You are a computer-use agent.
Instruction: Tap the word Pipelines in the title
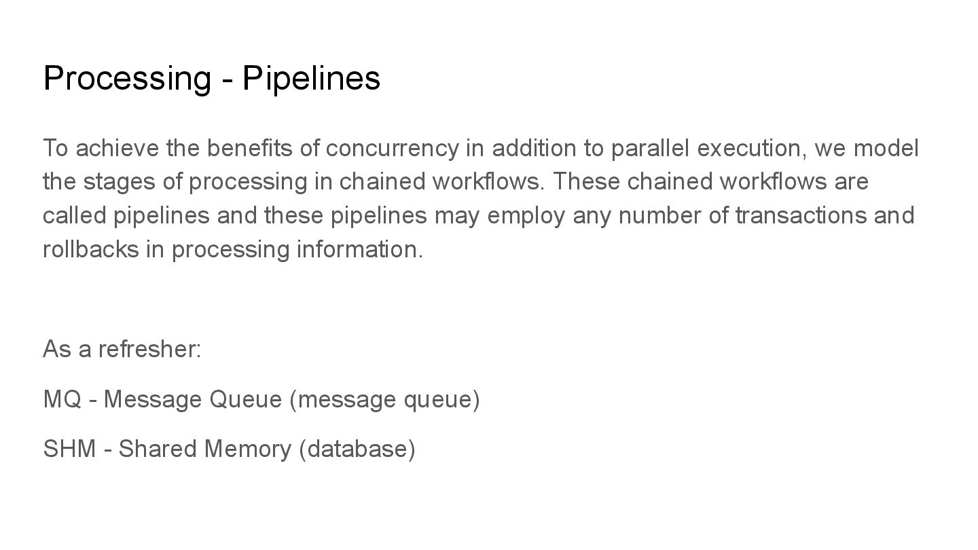pyautogui.click(x=311, y=78)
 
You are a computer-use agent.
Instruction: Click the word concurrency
pyautogui.click(x=392, y=148)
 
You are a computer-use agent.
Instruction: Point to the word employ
pyautogui.click(x=526, y=215)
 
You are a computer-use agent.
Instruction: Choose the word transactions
pyautogui.click(x=799, y=215)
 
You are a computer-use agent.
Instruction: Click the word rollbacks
pyautogui.click(x=90, y=249)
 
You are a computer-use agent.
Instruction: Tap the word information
pyautogui.click(x=359, y=249)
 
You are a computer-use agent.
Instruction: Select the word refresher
pyautogui.click(x=149, y=349)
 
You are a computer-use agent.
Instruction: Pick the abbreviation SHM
pyautogui.click(x=69, y=449)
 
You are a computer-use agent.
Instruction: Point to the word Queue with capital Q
pyautogui.click(x=245, y=399)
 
